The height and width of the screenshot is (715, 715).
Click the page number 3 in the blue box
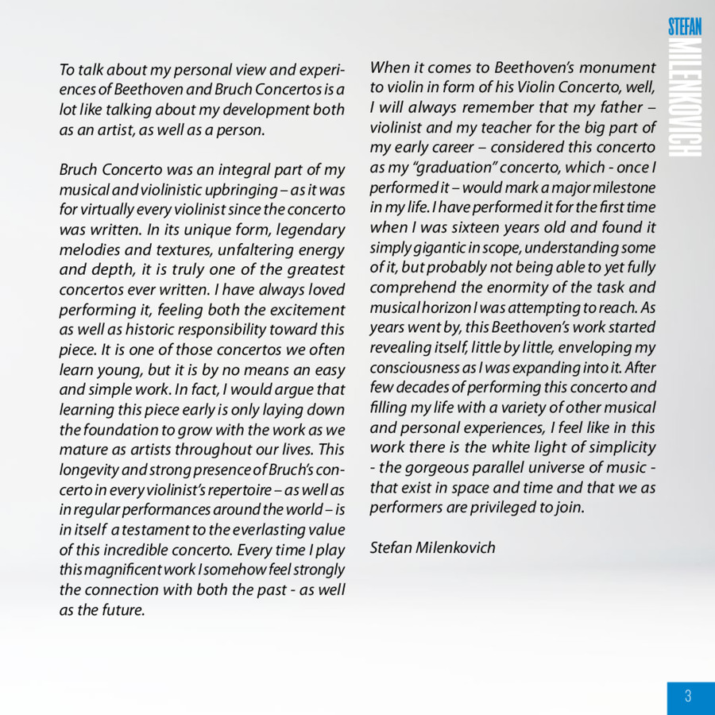pyautogui.click(x=688, y=697)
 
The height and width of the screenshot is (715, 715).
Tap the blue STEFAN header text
pyautogui.click(x=685, y=26)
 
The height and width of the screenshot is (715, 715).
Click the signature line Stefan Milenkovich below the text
pyautogui.click(x=432, y=547)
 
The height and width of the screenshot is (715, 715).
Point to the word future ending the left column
pyautogui.click(x=124, y=609)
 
